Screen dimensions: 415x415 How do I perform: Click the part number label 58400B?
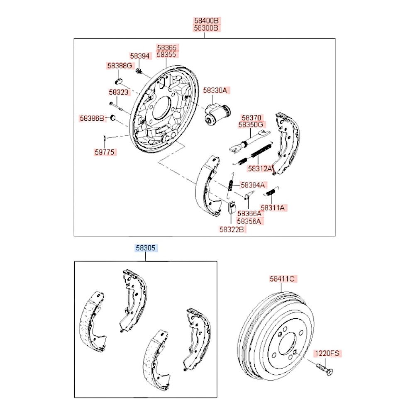[206, 20]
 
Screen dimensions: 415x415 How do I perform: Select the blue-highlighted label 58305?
[146, 248]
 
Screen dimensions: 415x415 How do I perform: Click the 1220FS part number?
[327, 354]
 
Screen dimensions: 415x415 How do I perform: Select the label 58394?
[139, 56]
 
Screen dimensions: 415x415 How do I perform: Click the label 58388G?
[120, 66]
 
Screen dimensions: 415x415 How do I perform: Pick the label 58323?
[119, 92]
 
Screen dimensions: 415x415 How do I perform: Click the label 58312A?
[261, 168]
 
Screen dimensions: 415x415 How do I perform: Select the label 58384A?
[253, 185]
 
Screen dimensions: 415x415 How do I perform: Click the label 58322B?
[232, 229]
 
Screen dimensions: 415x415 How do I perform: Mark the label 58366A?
[249, 213]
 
